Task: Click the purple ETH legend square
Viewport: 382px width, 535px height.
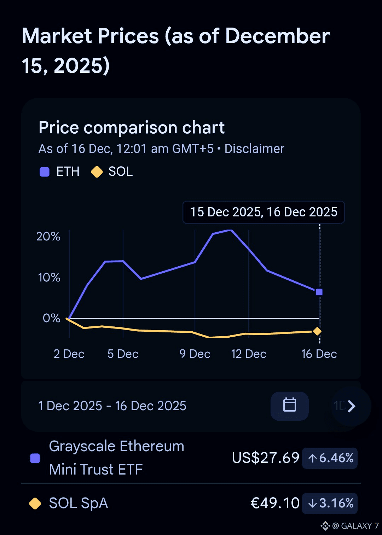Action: [45, 172]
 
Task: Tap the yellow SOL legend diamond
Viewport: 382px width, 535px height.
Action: [97, 172]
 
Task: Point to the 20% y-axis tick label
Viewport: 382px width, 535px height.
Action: [48, 236]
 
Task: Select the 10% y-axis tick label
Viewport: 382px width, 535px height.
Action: [49, 277]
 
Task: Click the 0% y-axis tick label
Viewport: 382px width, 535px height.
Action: [52, 318]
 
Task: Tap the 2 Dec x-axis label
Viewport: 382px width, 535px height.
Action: [69, 354]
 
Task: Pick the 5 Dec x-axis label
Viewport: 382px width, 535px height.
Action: [123, 354]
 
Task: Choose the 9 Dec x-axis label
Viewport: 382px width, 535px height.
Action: [195, 354]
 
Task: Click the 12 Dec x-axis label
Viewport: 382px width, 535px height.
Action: [249, 354]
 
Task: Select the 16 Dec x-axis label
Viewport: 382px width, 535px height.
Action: [319, 354]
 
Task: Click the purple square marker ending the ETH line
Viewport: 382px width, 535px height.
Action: [319, 292]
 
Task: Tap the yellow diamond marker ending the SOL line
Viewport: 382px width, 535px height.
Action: [317, 331]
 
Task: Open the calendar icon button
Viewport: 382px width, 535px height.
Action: [290, 406]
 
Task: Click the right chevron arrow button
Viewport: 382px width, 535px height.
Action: [351, 406]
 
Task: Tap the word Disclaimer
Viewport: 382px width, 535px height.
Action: [254, 149]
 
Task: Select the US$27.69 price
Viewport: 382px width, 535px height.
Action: [266, 458]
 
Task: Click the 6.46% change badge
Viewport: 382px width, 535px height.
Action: [330, 458]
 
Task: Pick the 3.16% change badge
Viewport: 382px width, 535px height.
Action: [330, 503]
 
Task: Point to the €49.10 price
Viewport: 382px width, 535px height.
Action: [275, 503]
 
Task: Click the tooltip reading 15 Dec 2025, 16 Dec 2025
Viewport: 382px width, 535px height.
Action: [264, 212]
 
